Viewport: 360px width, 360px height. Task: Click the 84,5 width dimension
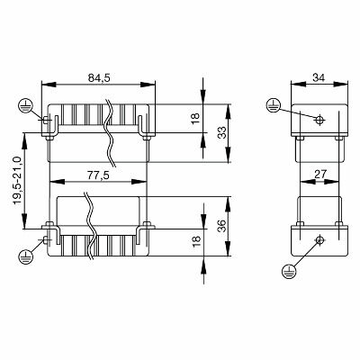click(x=99, y=77)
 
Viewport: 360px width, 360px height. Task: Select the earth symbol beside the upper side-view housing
click(x=274, y=106)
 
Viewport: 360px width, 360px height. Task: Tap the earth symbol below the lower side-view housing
click(x=289, y=269)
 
